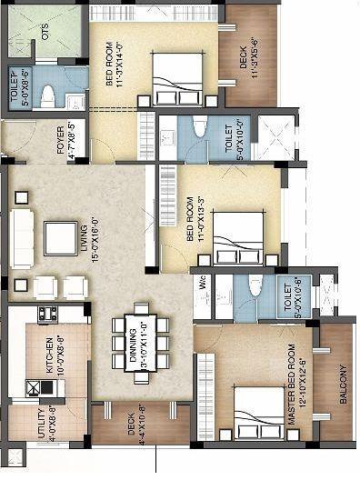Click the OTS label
[44, 33]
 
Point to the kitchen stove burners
[47, 314]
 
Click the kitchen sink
[35, 386]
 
